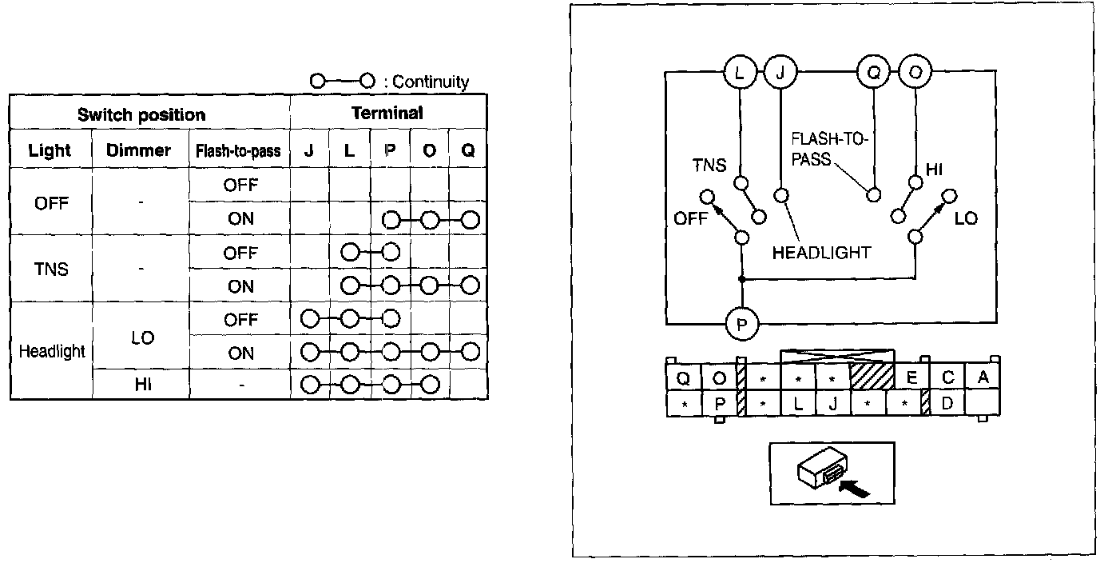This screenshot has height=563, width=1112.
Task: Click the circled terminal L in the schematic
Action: tap(740, 73)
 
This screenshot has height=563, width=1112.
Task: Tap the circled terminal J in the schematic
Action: tap(780, 73)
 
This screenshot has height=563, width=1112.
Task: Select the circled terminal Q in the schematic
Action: tap(873, 73)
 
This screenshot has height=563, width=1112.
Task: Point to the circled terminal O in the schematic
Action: tap(915, 73)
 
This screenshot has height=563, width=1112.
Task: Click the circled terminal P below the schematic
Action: tap(741, 324)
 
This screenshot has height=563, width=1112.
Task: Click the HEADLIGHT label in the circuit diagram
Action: tap(821, 253)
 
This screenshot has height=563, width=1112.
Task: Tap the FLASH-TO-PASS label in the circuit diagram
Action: tap(829, 149)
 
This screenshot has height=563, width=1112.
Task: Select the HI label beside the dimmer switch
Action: tap(934, 170)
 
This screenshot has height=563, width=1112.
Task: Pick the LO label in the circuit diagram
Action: tap(966, 218)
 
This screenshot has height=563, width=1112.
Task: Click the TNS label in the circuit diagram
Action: tap(709, 166)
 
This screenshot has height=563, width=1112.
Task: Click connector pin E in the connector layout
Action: tap(911, 378)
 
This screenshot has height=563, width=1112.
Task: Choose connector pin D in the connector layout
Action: tap(947, 403)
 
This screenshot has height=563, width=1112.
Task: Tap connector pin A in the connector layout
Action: tap(983, 377)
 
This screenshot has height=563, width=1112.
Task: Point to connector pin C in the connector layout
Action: tap(947, 378)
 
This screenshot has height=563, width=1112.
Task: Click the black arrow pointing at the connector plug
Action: tap(854, 488)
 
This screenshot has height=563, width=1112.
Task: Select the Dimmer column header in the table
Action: tap(138, 150)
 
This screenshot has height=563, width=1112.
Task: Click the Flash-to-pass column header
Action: tap(238, 150)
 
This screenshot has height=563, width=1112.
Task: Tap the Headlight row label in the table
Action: tap(52, 351)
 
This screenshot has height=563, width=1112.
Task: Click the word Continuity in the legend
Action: tap(431, 82)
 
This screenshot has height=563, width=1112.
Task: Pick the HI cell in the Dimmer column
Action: tap(143, 384)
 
